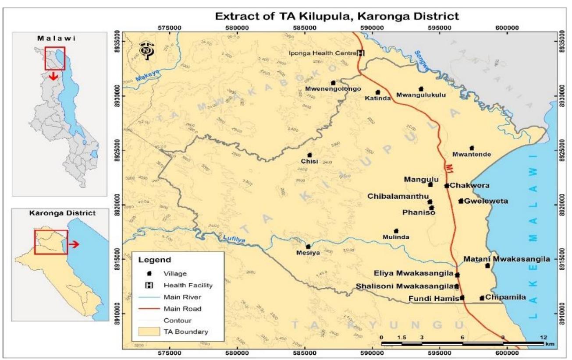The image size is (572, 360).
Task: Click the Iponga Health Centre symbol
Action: click(x=361, y=53)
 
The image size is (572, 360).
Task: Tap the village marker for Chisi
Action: click(x=309, y=155)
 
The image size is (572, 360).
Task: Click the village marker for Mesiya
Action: click(x=308, y=247)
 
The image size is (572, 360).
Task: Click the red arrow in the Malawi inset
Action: click(x=54, y=77)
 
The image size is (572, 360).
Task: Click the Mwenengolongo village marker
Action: click(x=333, y=82)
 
